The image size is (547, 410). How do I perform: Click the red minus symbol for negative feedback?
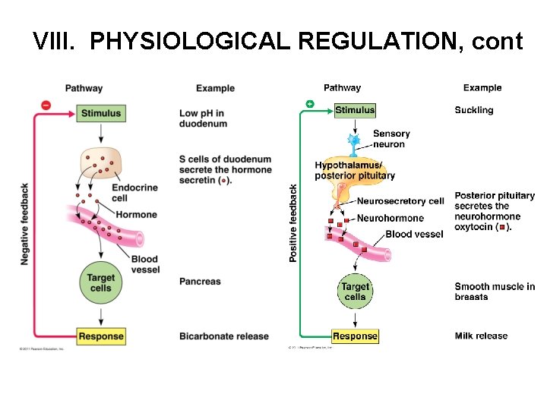[46, 105]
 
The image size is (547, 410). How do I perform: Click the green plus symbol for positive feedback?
[309, 103]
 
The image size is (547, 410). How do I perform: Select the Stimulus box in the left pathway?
[101, 113]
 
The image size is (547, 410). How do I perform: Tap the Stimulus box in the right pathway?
[355, 110]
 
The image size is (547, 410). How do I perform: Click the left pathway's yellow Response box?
[101, 336]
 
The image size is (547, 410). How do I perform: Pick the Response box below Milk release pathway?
[355, 336]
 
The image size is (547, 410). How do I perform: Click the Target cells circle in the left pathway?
[100, 283]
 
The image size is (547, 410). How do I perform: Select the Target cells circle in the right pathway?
[355, 292]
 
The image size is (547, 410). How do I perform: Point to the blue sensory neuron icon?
[353, 143]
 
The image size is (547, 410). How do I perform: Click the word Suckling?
[474, 110]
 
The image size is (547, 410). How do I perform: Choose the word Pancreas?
[200, 282]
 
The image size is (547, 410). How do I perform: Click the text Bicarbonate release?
[224, 336]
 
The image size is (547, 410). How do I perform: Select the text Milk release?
[481, 336]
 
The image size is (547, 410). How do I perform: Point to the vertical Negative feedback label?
[25, 224]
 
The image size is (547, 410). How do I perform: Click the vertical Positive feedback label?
[293, 224]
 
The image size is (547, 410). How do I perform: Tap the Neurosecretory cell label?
[400, 201]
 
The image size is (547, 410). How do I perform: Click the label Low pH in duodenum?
[203, 118]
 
